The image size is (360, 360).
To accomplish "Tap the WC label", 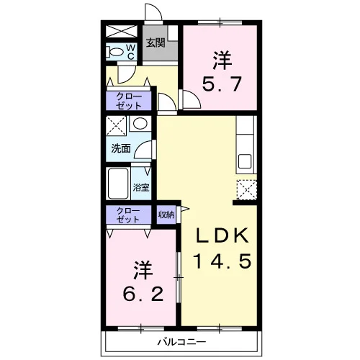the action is click(131, 51).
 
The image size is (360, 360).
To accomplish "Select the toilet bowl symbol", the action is click(114, 52).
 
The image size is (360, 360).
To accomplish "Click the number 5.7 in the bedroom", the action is click(222, 84).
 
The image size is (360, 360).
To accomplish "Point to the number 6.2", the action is click(143, 294).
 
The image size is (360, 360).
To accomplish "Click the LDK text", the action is click(222, 235).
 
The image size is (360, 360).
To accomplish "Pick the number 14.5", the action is click(222, 261).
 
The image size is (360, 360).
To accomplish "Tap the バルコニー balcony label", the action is click(181, 342).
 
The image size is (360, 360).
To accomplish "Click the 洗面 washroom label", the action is click(121, 148).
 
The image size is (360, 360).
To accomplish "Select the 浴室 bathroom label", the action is click(141, 187).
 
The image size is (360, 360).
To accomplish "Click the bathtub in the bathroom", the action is click(118, 184).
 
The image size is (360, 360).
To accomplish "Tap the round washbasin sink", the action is click(140, 123).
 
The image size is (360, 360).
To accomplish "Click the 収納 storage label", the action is click(166, 215).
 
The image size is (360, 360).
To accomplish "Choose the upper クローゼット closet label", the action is click(129, 101).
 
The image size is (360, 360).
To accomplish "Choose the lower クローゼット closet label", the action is click(128, 215).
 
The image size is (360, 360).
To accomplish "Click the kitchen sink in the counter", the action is click(245, 161).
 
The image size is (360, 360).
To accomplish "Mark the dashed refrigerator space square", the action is click(247, 190).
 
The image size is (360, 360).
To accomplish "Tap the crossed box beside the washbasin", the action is click(116, 125).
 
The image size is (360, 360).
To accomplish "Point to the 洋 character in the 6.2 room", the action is click(143, 270).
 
